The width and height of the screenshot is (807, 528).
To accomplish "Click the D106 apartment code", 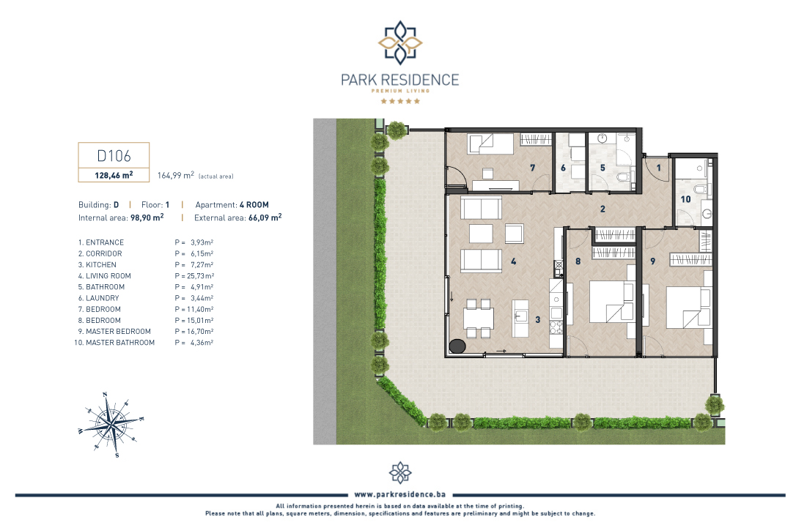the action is point(114,156).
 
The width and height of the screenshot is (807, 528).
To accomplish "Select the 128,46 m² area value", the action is point(114,175).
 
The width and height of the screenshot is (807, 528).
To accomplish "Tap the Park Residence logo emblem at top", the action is point(400,42).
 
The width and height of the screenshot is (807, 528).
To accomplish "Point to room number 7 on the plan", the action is point(533,168).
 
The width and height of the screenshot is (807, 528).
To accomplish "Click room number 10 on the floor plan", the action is point(685,199).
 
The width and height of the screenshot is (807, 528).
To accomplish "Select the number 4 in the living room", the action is point(513,261).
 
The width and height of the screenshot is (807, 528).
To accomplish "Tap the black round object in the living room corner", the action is point(457,346).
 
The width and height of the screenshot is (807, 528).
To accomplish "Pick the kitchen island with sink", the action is point(521,319).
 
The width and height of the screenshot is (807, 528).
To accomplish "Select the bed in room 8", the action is point(611,301).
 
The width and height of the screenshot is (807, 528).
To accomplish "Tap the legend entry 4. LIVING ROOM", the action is point(105,276).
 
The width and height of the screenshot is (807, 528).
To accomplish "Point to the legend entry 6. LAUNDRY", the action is point(98,298).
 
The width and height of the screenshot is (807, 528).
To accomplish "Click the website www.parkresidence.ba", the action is point(400,494).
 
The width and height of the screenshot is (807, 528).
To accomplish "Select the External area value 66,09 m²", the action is point(265,217).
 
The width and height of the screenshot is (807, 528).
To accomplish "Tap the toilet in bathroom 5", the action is point(623,178).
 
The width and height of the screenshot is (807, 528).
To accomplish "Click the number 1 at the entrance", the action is point(658,168).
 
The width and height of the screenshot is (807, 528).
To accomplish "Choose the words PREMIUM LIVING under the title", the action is point(400,91).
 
